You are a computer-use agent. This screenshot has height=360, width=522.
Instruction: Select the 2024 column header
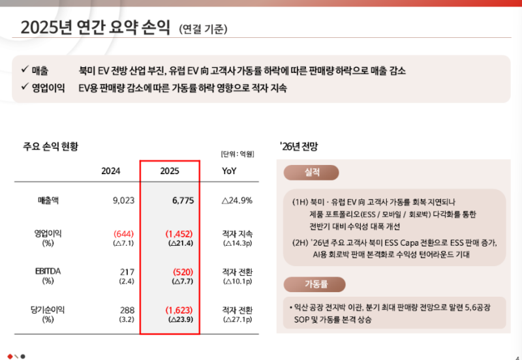pyautogui.click(x=111, y=171)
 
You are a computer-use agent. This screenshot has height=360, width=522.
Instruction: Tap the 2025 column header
pyautogui.click(x=170, y=171)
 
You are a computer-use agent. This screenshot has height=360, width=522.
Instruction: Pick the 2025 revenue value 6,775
pyautogui.click(x=183, y=200)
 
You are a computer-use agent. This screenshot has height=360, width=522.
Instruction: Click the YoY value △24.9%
pyautogui.click(x=237, y=200)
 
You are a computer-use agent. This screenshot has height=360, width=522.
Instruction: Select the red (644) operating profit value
pyautogui.click(x=123, y=233)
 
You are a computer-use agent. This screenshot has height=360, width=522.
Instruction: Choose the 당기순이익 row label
pyautogui.click(x=50, y=310)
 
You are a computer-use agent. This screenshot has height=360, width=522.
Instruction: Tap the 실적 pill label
pyautogui.click(x=312, y=172)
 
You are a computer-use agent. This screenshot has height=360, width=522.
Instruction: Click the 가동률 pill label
pyautogui.click(x=312, y=284)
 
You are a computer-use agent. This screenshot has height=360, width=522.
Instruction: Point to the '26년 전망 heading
pyautogui.click(x=302, y=147)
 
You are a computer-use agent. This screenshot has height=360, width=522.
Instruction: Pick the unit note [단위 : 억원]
pyautogui.click(x=237, y=154)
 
